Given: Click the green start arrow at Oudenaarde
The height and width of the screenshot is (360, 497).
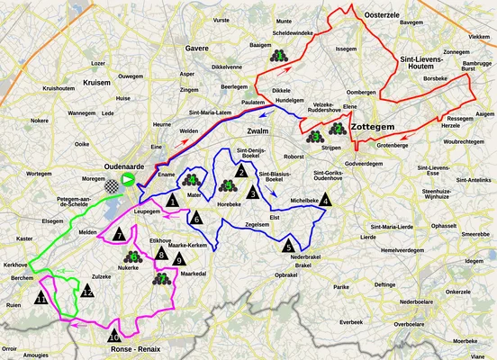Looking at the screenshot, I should click(x=129, y=181).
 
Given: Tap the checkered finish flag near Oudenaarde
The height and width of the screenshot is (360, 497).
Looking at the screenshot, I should click(x=113, y=187).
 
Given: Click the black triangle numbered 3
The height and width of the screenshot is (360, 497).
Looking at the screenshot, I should click(x=254, y=193).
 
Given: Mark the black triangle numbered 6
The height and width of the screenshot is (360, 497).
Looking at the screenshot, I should click(x=195, y=216).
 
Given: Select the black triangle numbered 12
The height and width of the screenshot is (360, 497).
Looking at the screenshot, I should click(x=86, y=291).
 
